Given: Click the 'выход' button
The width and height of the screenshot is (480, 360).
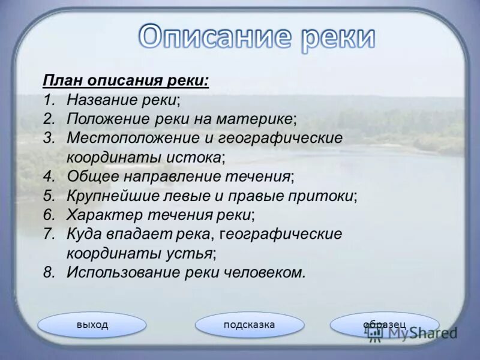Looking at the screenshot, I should click(92, 325).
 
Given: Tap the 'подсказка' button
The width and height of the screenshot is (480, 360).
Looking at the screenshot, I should click(249, 325).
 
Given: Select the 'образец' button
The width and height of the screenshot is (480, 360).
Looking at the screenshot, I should click(385, 325).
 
